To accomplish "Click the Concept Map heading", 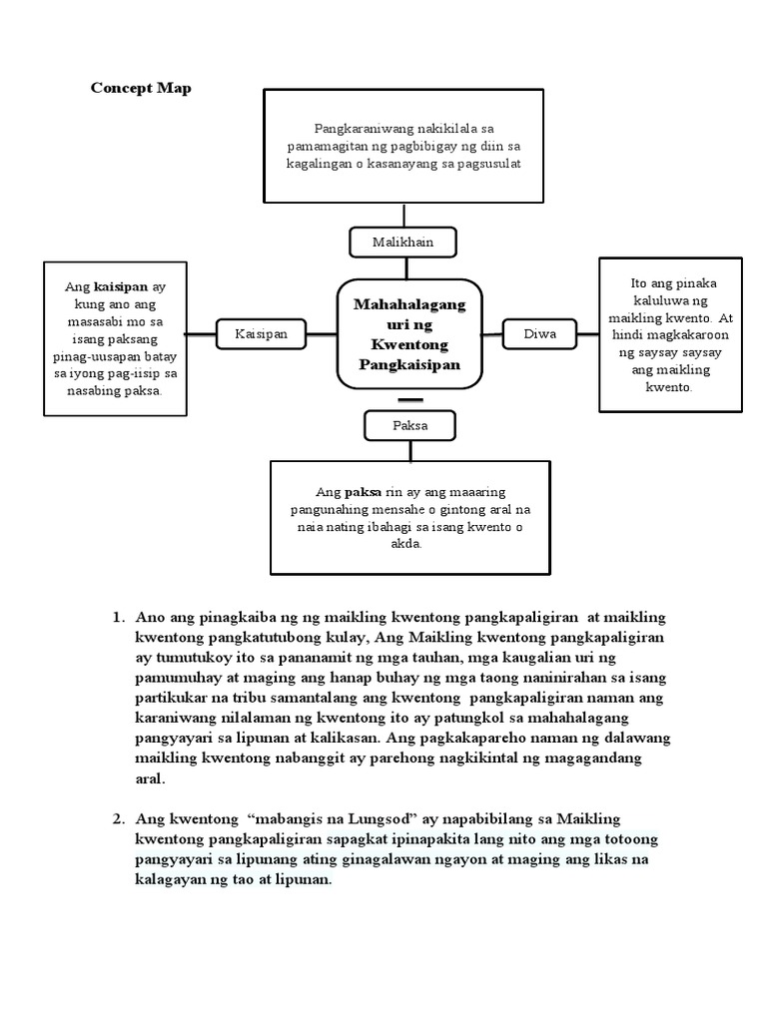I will [x=141, y=88].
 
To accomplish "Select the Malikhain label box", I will [x=404, y=242].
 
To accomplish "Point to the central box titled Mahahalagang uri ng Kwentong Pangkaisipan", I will [x=406, y=333].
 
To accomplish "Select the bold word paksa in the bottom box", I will [x=362, y=492].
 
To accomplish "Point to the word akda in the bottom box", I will [x=407, y=545].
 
